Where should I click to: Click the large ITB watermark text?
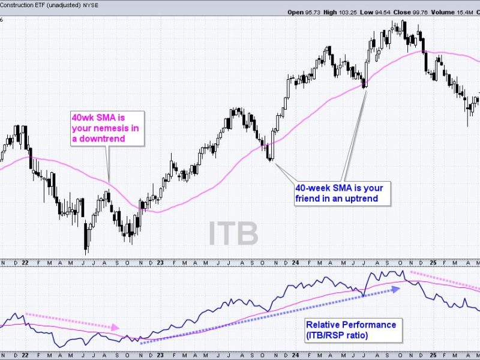click(x=233, y=233)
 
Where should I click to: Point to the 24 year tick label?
click(x=296, y=262)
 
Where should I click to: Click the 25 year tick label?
click(x=433, y=262)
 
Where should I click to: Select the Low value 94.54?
click(x=398, y=12)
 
